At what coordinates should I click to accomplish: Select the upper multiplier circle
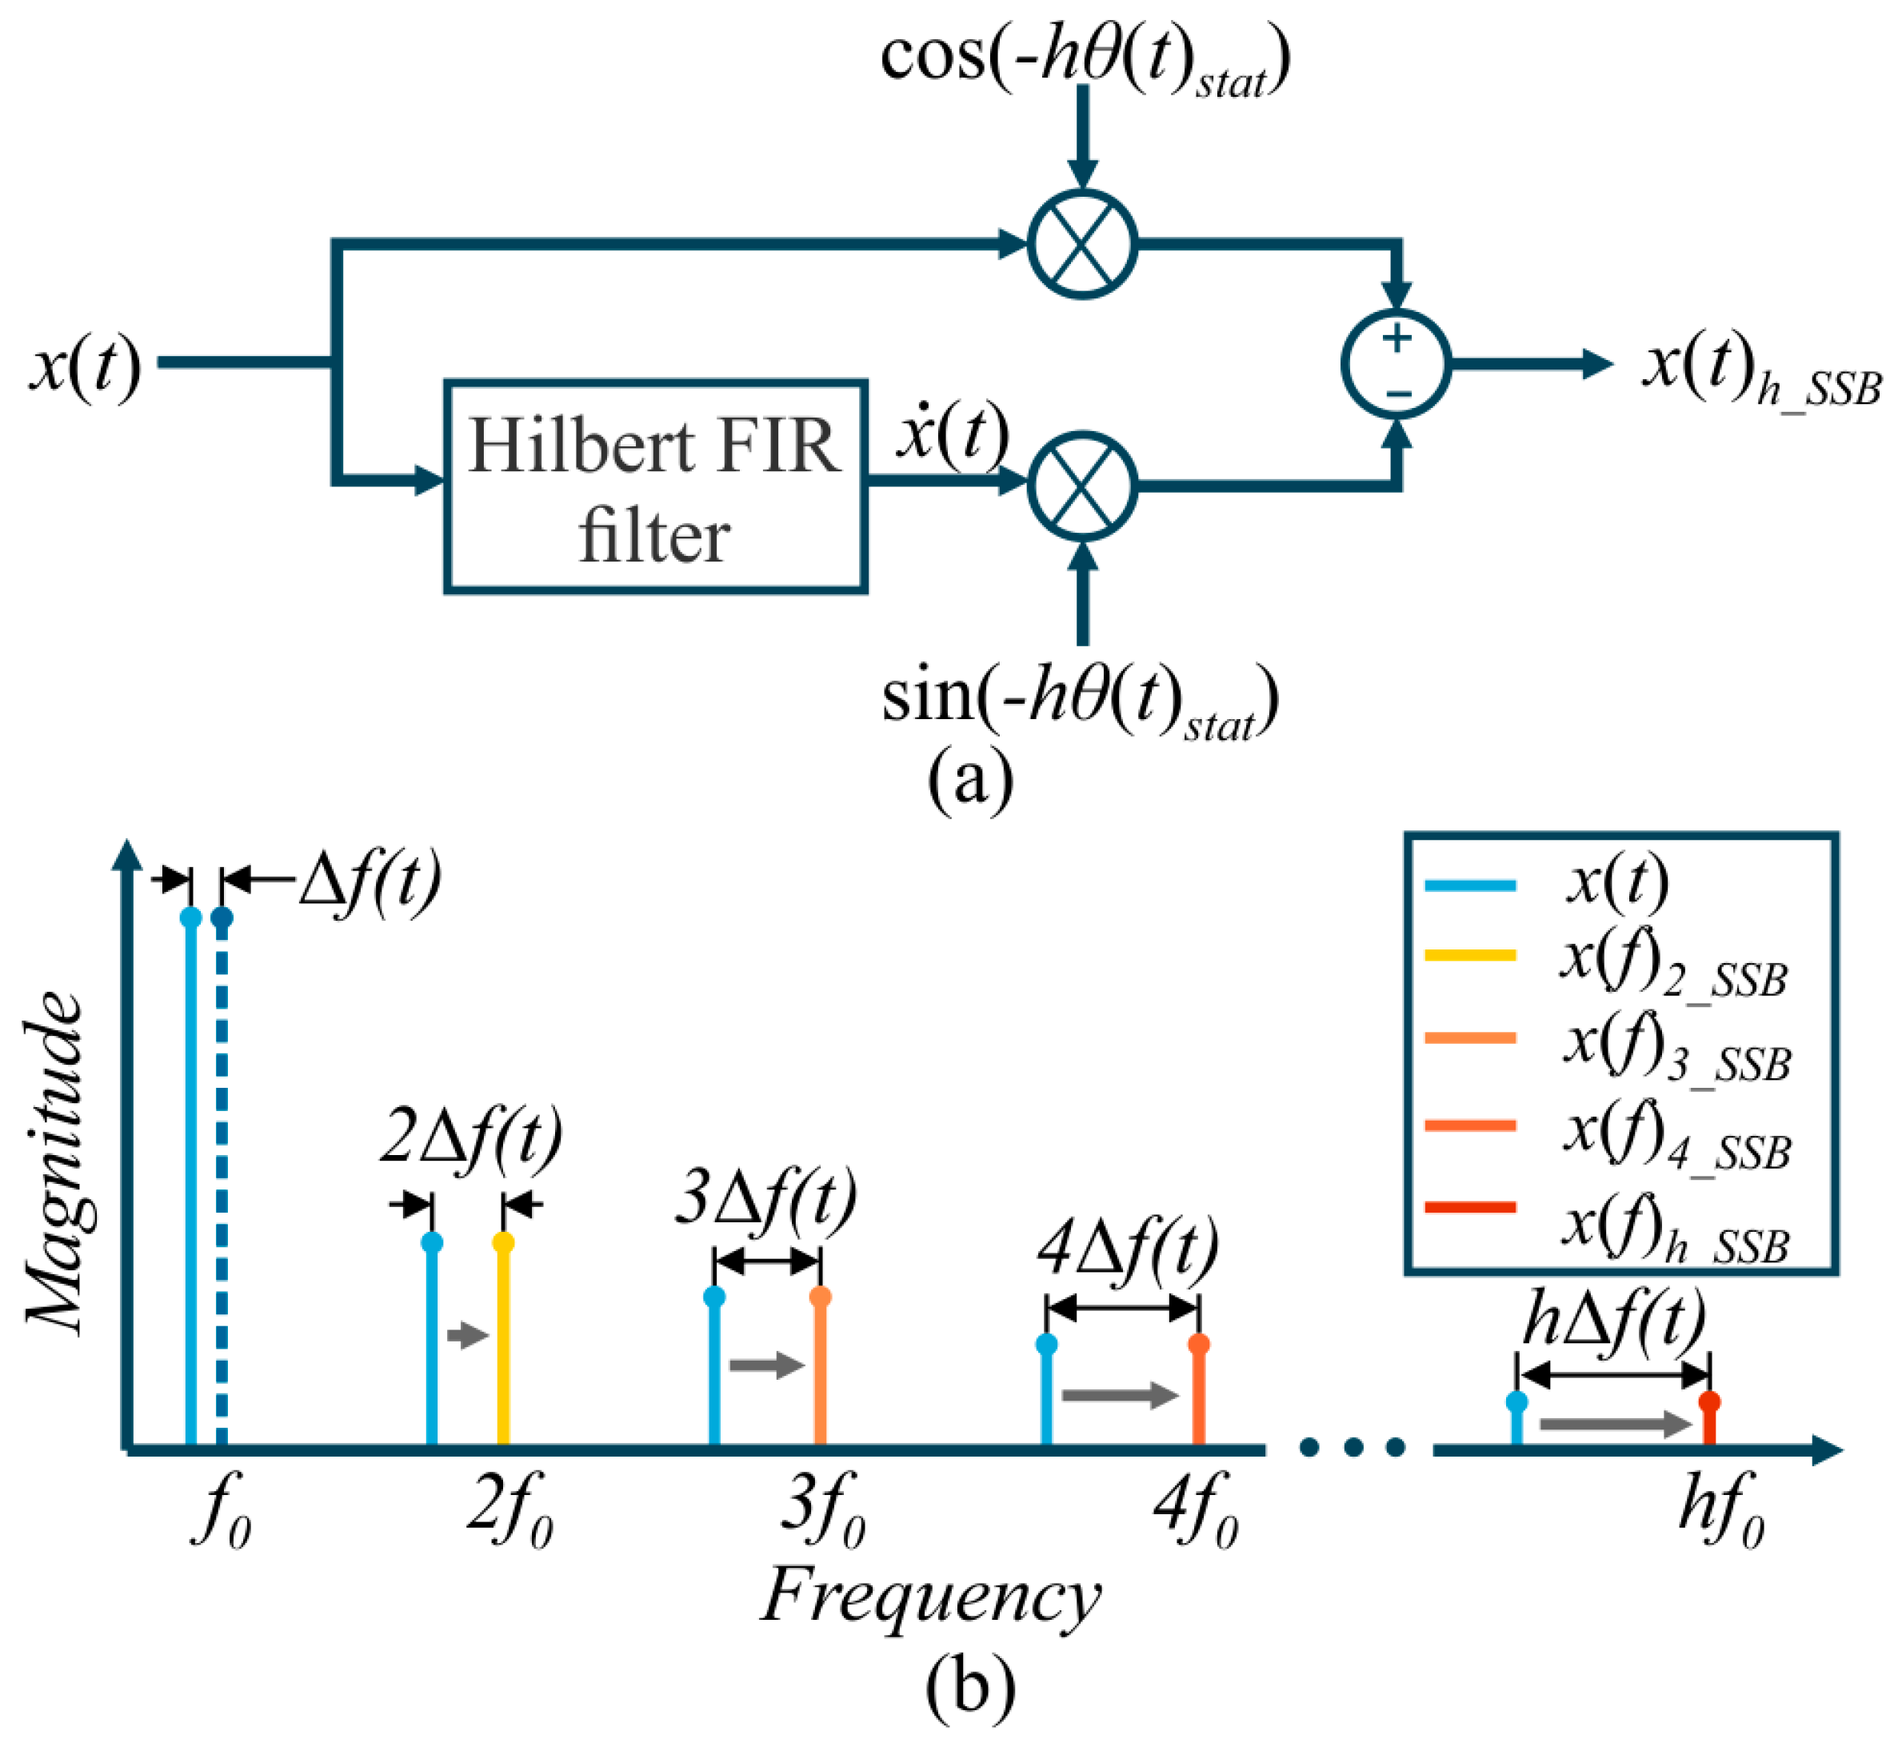pyautogui.click(x=1082, y=244)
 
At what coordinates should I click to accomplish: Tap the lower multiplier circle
pyautogui.click(x=1082, y=485)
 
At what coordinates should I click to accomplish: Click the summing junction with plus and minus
pyautogui.click(x=1396, y=364)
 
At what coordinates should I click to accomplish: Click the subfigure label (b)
pyautogui.click(x=969, y=1689)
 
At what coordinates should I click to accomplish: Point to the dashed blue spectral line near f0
pyautogui.click(x=222, y=1179)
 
